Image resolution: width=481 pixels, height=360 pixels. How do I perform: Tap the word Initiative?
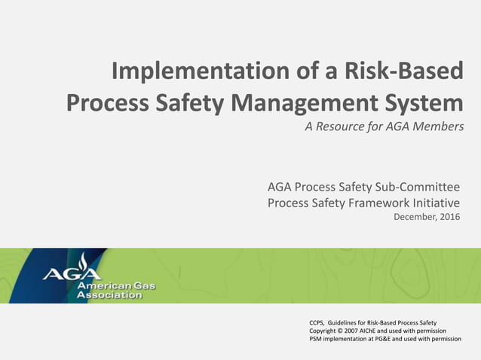[x=434, y=202]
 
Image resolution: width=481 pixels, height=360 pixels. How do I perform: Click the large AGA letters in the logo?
[x=72, y=272]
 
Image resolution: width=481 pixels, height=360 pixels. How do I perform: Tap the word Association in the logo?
[x=110, y=295]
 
